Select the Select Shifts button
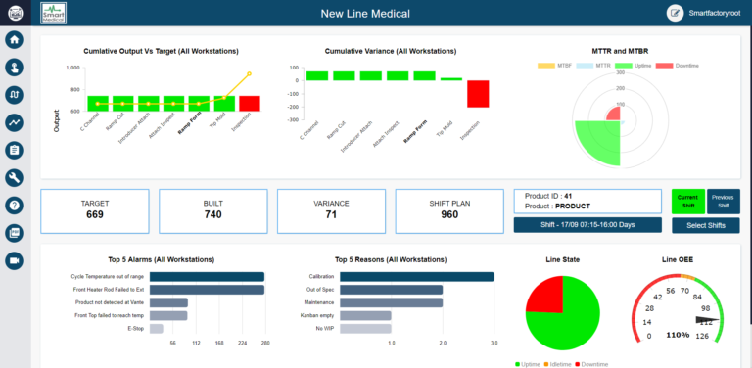pos(706,226)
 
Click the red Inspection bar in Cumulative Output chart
pos(250,103)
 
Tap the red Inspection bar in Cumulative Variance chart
pos(450,94)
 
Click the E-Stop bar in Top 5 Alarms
pos(156,328)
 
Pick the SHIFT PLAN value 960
pos(449,214)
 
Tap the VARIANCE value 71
pos(332,214)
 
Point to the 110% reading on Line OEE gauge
pos(678,336)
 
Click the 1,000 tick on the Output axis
pos(72,69)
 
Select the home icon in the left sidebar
pos(15,40)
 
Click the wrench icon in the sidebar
pos(15,177)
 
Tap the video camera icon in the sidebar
pos(15,260)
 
